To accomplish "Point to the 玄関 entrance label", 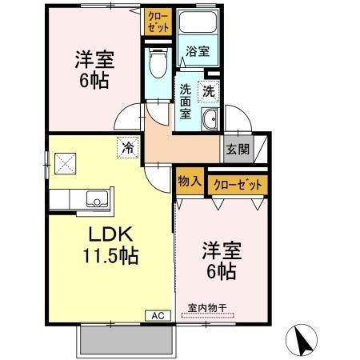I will (237, 149).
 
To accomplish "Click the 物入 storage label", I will (189, 182).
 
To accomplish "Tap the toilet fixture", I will (157, 64).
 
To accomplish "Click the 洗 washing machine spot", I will (209, 92).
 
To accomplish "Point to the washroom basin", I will (210, 121).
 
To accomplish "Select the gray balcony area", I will (126, 342).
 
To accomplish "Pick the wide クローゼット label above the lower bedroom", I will (238, 185).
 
